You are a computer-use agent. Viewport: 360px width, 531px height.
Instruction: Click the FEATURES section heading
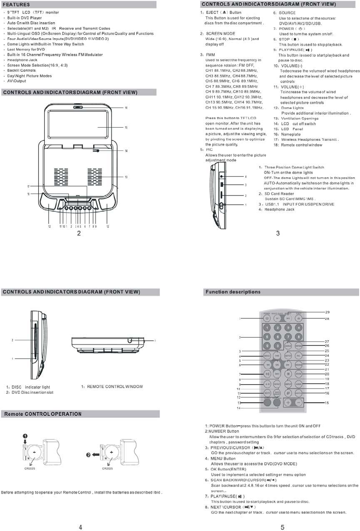pyautogui.click(x=16, y=4)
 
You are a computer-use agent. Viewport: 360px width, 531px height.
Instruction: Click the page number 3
pyautogui.click(x=277, y=233)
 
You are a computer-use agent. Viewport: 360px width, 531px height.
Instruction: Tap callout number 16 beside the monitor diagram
pyautogui.click(x=126, y=107)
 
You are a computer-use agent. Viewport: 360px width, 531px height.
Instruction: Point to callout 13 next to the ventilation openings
pyautogui.click(x=126, y=177)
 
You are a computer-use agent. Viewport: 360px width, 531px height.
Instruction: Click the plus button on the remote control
pyautogui.click(x=288, y=403)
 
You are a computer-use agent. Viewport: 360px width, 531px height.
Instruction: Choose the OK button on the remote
pyautogui.click(x=277, y=365)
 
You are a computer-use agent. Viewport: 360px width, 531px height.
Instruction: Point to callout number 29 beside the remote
pyautogui.click(x=327, y=312)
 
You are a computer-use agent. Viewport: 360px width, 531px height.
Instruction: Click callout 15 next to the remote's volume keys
pyautogui.click(x=327, y=403)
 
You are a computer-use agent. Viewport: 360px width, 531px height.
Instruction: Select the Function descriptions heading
pyautogui.click(x=233, y=292)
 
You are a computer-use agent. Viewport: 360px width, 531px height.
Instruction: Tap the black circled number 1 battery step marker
pyautogui.click(x=25, y=436)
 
